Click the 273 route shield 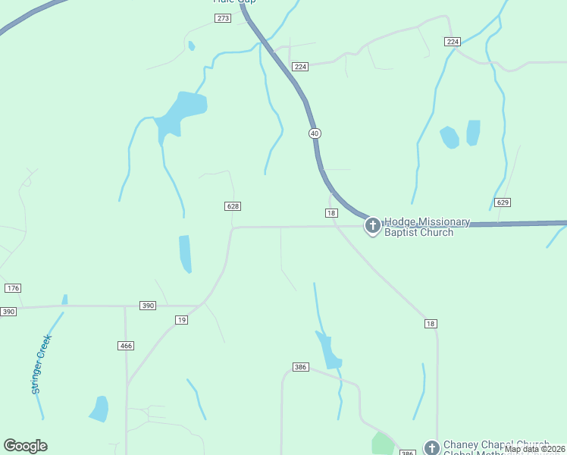tap(222, 18)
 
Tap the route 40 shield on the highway tap(315, 133)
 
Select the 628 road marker tap(233, 206)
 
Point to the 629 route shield tap(502, 202)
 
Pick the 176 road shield tap(12, 288)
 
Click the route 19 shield tap(181, 320)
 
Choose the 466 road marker tap(126, 346)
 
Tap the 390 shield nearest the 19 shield tap(148, 305)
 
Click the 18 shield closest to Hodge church tap(331, 213)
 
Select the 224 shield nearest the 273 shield tap(300, 67)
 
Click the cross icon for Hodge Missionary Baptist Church tap(372, 225)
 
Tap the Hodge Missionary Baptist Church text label tap(427, 227)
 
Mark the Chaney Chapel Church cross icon tap(431, 447)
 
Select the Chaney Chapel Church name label tap(496, 446)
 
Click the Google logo tap(26, 446)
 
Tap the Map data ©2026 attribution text tap(534, 449)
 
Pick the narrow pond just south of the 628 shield tap(185, 254)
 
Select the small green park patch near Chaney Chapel tap(384, 444)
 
